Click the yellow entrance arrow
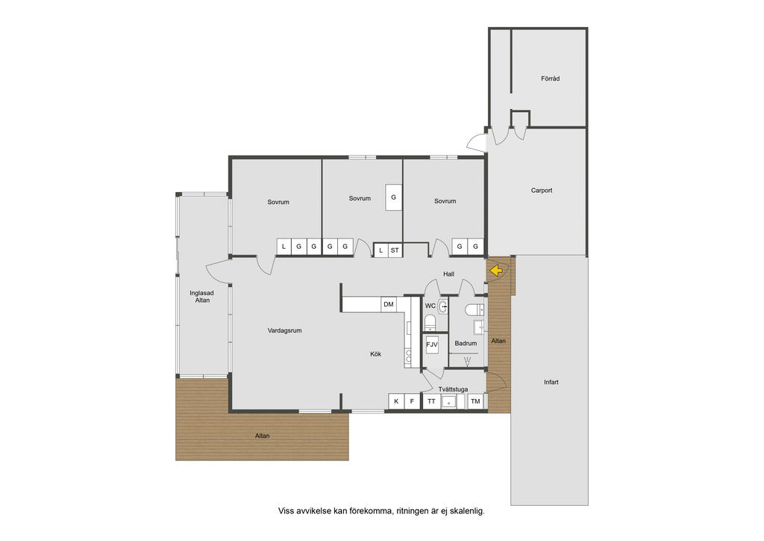point(496,270)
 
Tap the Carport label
point(542,191)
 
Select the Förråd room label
point(550,78)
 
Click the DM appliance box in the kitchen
point(388,304)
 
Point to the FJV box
point(432,344)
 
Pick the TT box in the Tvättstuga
point(431,401)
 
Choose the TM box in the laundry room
point(475,401)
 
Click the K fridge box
point(396,401)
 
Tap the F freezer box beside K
point(412,401)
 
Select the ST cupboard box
point(395,250)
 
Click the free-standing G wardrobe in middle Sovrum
point(394,197)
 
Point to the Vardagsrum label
point(284,330)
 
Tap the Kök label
point(376,354)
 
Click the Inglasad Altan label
point(201,297)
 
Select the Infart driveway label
point(551,382)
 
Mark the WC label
point(430,306)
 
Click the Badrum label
point(466,343)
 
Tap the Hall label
point(448,274)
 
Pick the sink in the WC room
point(442,307)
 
